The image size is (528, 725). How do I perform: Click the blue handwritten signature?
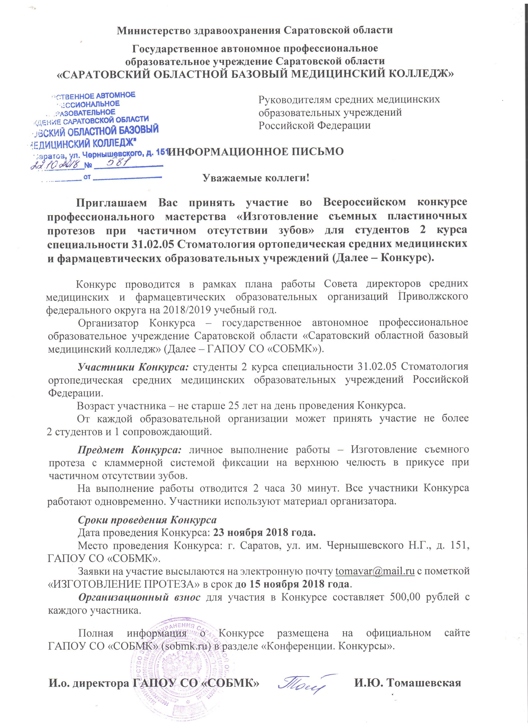[x=307, y=683]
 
